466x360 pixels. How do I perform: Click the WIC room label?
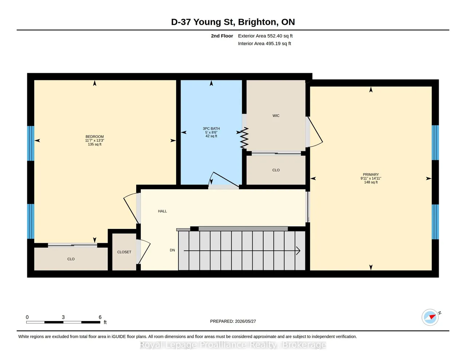pos(276,116)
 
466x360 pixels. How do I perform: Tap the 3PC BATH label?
pos(211,128)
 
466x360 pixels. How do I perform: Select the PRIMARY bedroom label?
pos(371,174)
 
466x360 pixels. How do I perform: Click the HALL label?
pos(162,211)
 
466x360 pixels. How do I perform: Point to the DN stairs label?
pos(173,250)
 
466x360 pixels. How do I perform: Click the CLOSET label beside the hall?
pos(124,252)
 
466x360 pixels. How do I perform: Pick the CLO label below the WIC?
pos(276,170)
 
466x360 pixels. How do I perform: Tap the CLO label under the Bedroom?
pos(71,259)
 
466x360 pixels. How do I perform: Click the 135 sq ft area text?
pos(95,145)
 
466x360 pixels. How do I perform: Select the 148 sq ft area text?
pos(371,182)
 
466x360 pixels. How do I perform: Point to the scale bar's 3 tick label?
pos(63,317)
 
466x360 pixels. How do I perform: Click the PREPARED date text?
pos(233,321)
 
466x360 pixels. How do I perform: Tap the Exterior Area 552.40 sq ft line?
pos(265,36)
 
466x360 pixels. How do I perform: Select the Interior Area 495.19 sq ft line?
pos(264,44)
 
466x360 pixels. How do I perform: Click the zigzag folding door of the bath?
pos(244,138)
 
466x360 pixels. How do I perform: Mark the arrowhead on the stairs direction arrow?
pos(298,251)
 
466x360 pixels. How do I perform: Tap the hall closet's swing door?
pos(144,252)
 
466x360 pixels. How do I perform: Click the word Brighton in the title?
pos(257,22)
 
